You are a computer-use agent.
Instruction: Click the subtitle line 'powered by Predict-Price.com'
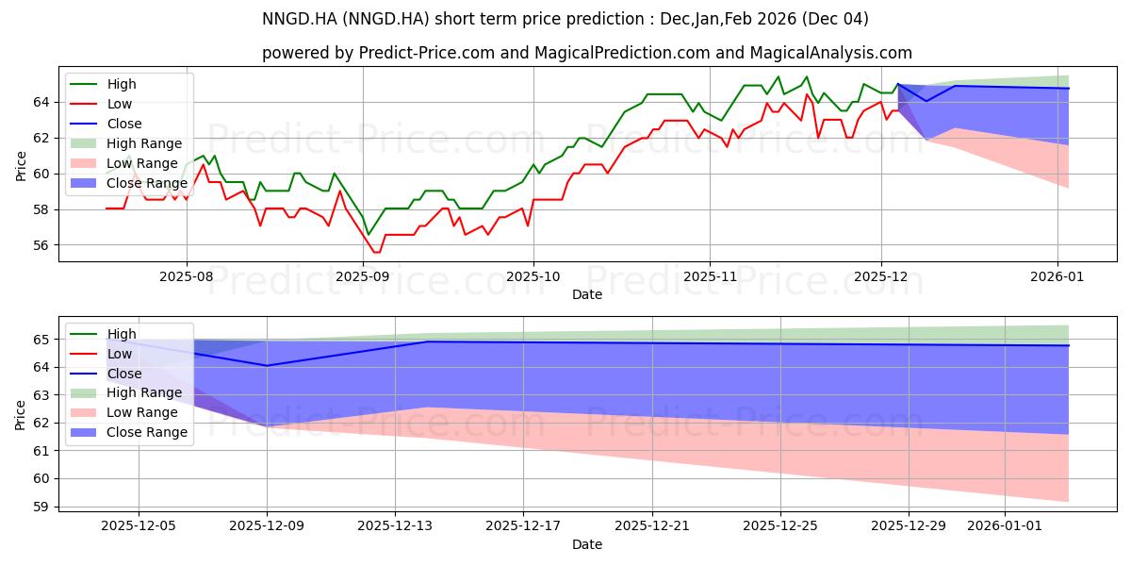586,54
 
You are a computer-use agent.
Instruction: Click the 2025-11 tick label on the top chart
710,277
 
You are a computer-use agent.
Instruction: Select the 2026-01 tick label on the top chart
1057,277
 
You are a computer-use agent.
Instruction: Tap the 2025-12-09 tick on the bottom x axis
267,526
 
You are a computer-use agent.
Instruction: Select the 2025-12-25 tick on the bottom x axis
780,526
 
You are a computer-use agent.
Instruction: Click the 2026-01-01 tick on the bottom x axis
1005,526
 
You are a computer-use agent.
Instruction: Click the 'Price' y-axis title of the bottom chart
22,413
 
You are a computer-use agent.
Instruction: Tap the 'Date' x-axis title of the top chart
586,294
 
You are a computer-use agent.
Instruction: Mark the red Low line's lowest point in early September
376,252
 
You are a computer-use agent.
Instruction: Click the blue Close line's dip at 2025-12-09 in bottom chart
267,365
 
